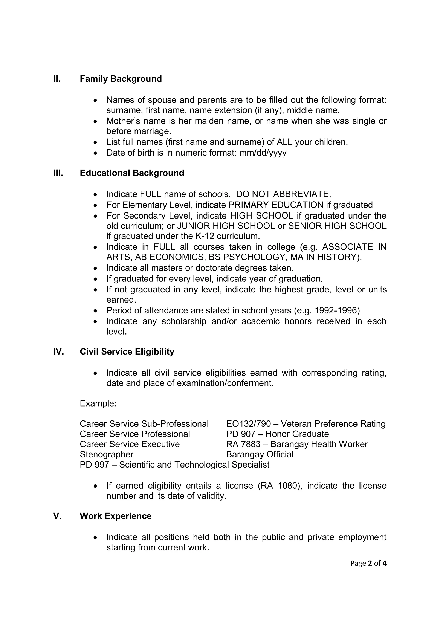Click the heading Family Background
tap(121, 79)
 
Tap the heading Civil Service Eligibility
tap(127, 352)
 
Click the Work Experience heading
tap(115, 516)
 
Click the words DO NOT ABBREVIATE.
tap(283, 194)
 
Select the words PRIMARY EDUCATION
tap(276, 205)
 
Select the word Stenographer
tap(107, 454)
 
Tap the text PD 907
tap(241, 434)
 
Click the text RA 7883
tap(243, 444)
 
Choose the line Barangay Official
tap(260, 454)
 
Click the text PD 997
tap(94, 465)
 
